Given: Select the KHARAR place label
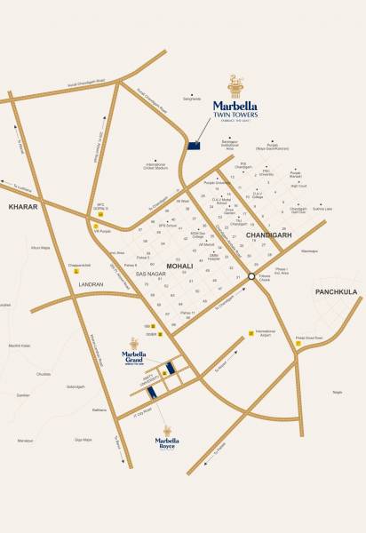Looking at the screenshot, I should (x=20, y=206).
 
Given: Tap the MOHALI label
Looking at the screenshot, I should (x=179, y=266).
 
